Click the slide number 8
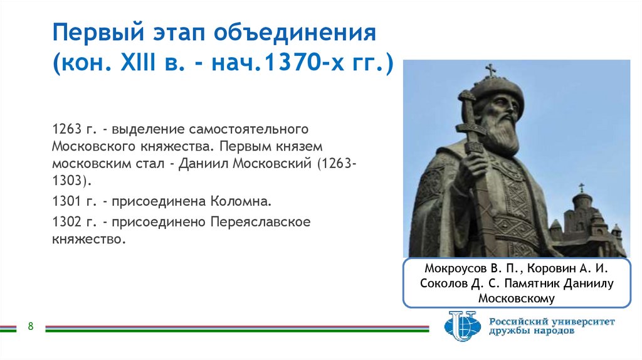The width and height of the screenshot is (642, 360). (x=30, y=326)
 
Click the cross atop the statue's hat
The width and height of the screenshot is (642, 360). (x=491, y=70)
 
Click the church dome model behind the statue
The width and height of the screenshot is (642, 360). (x=582, y=201)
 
